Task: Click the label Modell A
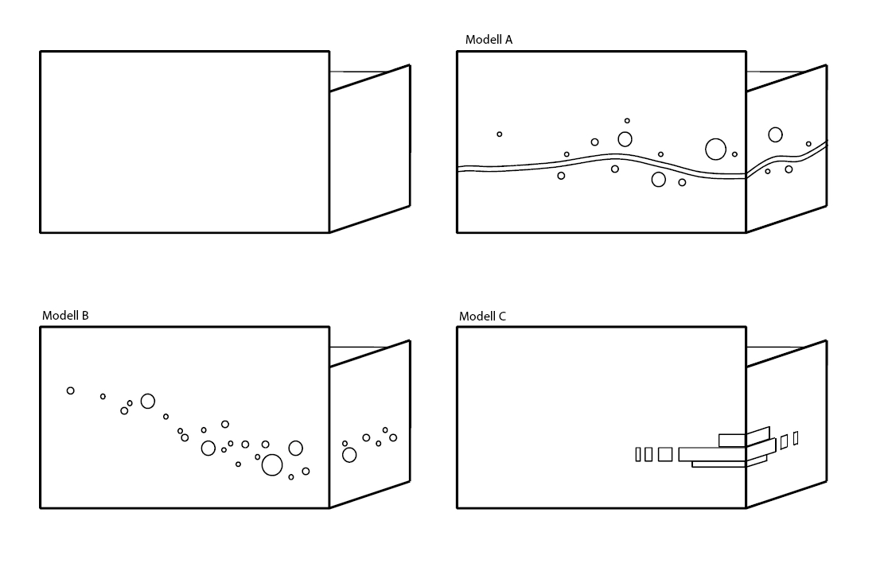489,40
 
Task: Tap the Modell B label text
65,316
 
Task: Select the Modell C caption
482,317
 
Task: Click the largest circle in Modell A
715,149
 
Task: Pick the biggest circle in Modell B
272,465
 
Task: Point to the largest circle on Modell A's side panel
775,134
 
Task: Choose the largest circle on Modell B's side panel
349,455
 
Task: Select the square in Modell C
665,454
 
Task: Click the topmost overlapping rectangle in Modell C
732,440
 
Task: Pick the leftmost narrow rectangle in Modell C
638,454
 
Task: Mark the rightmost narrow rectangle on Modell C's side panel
796,437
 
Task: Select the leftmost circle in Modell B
71,390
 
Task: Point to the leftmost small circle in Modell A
500,134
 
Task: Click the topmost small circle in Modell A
627,121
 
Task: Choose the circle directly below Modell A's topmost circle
625,139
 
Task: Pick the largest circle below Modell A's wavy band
658,179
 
